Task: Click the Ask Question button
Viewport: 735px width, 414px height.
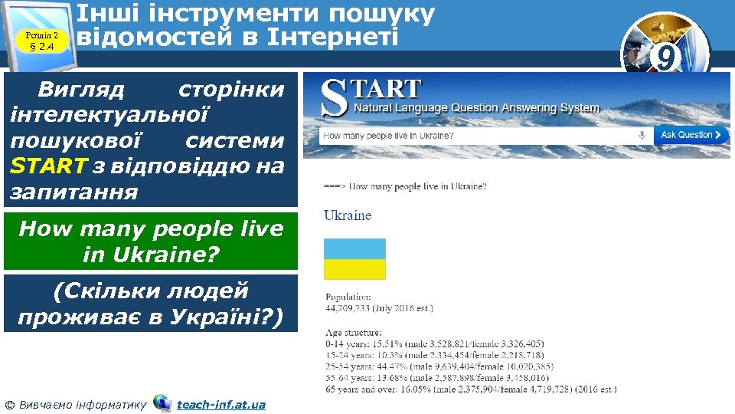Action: coord(691,135)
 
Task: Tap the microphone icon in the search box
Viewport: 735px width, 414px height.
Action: coord(642,135)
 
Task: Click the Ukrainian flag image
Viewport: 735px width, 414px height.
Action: coord(354,259)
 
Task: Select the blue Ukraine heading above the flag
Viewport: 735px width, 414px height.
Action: coord(348,215)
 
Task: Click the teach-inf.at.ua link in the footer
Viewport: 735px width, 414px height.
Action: coord(220,404)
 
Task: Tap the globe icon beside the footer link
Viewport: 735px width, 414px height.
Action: coord(162,403)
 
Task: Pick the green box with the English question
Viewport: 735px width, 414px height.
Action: coord(151,241)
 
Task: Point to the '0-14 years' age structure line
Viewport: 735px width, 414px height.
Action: coord(434,344)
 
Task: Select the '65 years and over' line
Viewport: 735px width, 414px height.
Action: coord(470,389)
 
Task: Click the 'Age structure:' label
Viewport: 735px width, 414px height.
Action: coord(353,333)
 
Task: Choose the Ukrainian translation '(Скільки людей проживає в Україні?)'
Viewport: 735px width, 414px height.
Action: coord(151,304)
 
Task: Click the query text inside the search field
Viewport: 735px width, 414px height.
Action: coord(388,136)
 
